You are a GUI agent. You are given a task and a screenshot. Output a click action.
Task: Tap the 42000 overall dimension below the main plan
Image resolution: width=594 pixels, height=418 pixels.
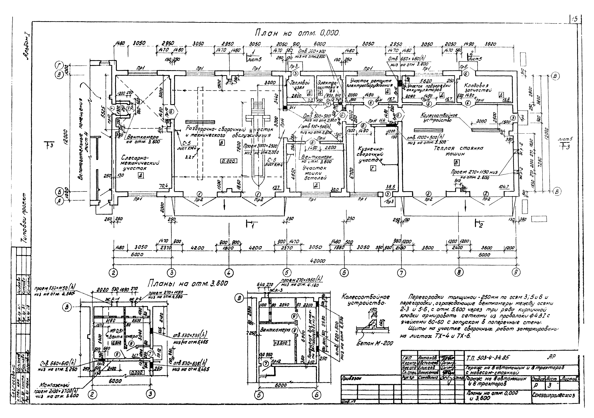(x=318, y=261)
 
